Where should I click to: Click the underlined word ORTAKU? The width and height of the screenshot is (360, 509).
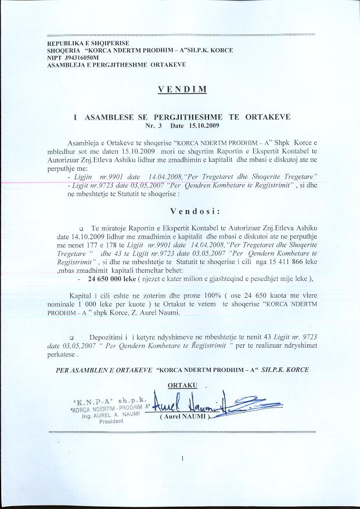pos(183,385)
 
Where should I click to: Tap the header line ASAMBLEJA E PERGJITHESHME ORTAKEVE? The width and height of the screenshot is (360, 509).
pos(116,64)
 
